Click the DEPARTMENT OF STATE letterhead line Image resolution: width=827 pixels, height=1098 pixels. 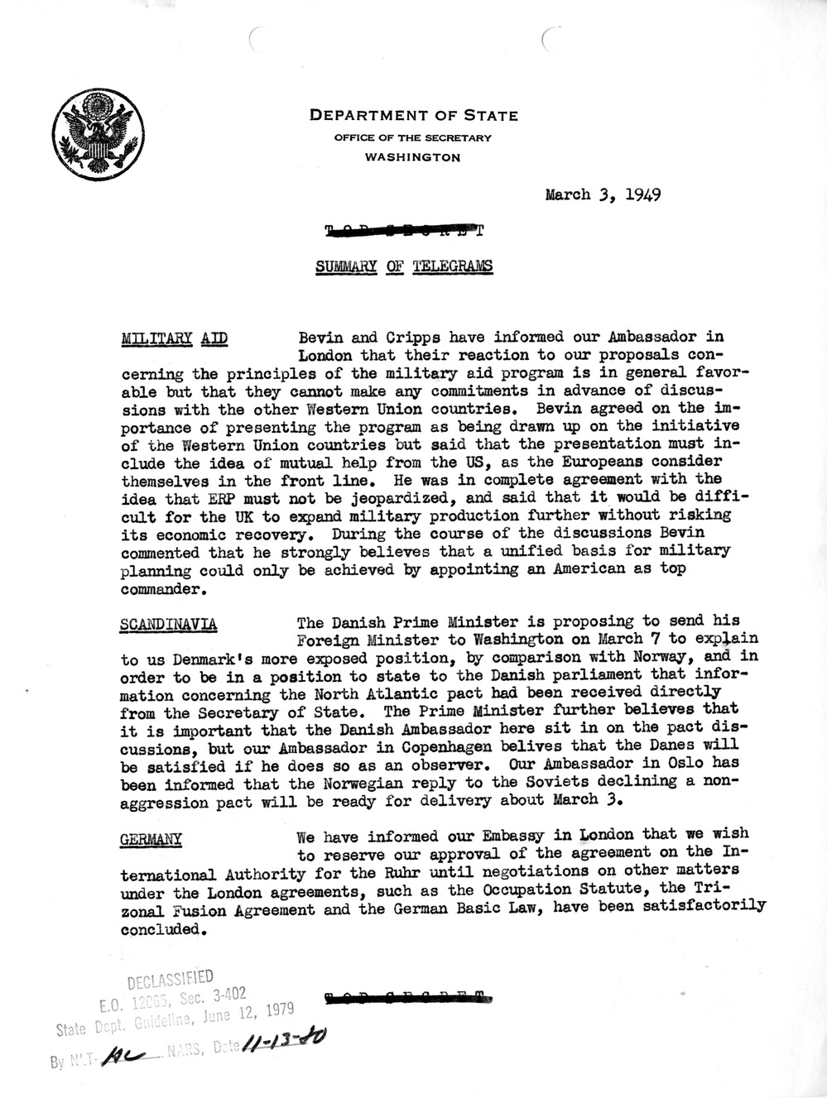point(414,116)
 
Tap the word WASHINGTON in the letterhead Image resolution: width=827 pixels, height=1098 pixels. point(414,157)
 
